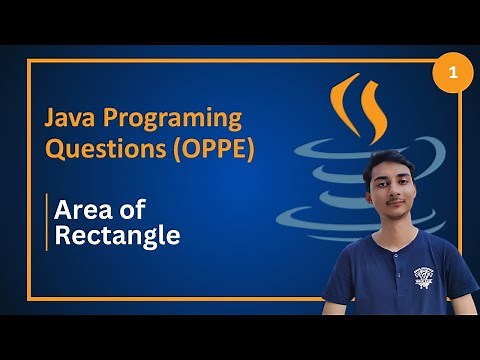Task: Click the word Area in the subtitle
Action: click(79, 210)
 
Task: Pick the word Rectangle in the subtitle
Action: click(117, 236)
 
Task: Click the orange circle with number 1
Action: click(452, 74)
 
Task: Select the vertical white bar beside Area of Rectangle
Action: click(46, 222)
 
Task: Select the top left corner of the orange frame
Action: click(29, 61)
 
